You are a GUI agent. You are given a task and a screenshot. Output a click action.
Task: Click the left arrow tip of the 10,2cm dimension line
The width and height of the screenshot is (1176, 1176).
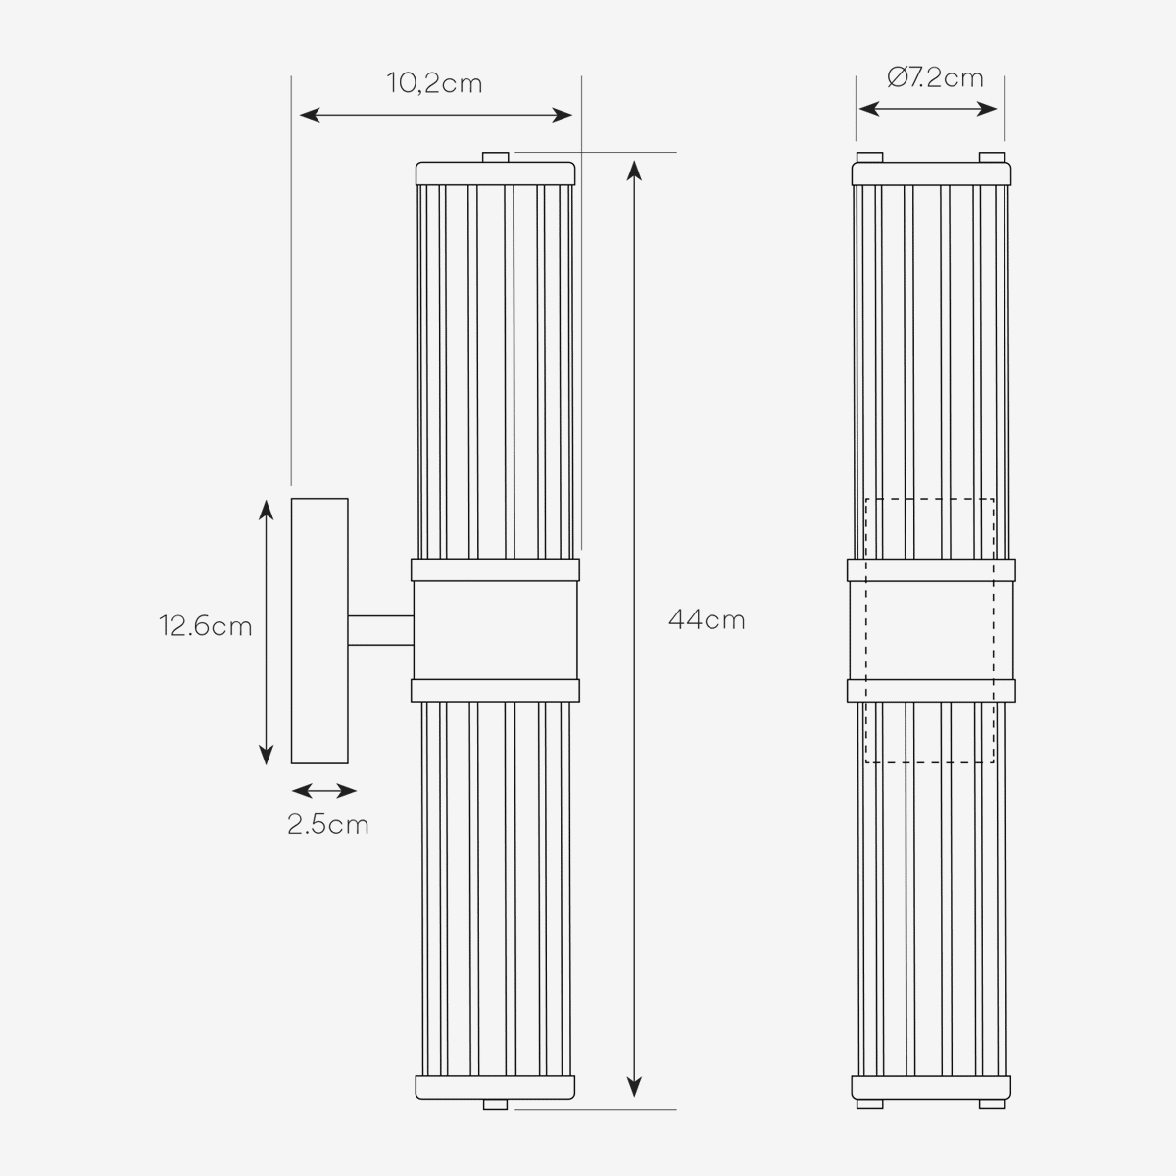click(300, 115)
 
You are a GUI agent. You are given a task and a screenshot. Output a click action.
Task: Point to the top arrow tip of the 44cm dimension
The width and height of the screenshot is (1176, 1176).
click(635, 161)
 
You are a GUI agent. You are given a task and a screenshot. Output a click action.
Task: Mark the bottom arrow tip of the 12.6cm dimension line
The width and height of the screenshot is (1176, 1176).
click(267, 765)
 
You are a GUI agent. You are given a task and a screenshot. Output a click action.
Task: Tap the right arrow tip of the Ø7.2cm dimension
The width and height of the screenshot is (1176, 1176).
click(998, 109)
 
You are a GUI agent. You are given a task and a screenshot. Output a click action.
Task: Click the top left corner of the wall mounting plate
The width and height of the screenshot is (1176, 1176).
click(292, 499)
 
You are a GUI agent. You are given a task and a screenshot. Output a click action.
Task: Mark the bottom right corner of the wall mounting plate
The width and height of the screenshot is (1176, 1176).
click(349, 763)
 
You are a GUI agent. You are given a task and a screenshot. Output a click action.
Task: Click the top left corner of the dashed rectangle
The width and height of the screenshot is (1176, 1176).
click(866, 499)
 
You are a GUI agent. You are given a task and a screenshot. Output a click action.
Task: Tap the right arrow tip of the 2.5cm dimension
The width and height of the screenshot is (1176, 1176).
click(357, 792)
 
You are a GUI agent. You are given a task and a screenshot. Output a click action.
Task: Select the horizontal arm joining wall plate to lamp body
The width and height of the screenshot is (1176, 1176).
click(381, 630)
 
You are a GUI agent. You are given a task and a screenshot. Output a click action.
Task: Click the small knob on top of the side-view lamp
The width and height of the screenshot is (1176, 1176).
click(496, 158)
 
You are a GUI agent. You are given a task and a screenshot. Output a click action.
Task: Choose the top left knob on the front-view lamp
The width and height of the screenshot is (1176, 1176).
click(869, 158)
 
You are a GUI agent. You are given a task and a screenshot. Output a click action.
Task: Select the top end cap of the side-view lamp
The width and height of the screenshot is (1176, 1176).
click(496, 173)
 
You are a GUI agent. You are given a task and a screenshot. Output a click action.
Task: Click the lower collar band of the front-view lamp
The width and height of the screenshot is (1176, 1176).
click(931, 691)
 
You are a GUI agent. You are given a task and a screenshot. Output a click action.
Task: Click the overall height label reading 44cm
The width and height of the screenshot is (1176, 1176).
click(707, 620)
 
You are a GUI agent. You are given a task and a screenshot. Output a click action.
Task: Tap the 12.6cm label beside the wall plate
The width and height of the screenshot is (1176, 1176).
click(205, 626)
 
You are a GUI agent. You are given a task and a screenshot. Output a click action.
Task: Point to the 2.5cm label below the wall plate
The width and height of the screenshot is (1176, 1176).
click(328, 825)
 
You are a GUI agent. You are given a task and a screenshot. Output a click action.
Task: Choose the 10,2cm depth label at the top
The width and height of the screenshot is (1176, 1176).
click(434, 83)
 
